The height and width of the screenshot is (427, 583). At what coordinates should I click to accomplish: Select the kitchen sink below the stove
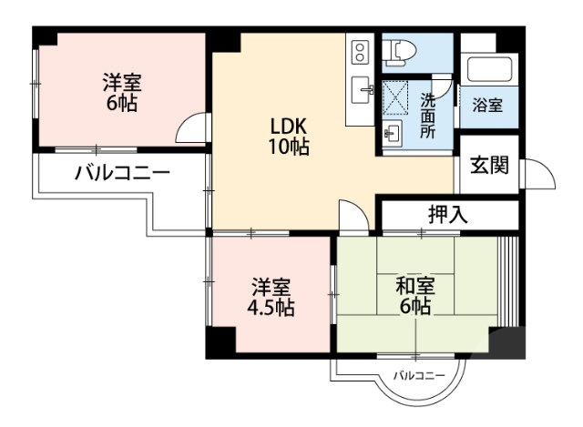[x=361, y=88]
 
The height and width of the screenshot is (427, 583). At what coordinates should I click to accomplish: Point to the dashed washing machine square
[x=396, y=97]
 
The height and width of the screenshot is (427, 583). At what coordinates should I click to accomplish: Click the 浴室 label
[x=487, y=106]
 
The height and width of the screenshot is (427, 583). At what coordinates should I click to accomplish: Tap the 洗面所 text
[x=427, y=115]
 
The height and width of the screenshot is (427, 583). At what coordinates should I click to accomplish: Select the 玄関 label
[x=488, y=167]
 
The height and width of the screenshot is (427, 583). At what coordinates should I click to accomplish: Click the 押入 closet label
[x=447, y=216]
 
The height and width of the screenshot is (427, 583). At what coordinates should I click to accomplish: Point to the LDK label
[x=288, y=127]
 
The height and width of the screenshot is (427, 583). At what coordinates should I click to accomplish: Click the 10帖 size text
[x=288, y=147]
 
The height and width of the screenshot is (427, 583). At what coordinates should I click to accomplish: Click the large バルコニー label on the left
[x=122, y=173]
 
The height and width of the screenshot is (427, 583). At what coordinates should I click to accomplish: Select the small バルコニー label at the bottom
[x=419, y=376]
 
